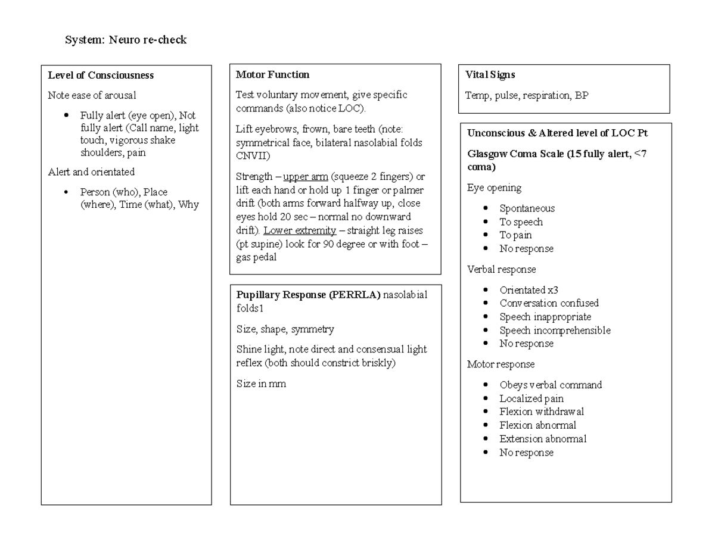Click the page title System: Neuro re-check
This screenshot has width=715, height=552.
(126, 40)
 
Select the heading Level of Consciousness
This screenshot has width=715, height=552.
(101, 75)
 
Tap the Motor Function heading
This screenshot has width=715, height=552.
(272, 74)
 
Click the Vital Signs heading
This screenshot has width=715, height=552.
(490, 74)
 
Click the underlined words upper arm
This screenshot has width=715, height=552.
(305, 177)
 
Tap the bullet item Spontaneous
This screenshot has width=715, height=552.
(527, 208)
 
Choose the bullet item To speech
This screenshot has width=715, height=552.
(521, 222)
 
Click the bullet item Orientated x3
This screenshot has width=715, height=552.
(529, 290)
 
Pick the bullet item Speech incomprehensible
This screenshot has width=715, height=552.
(555, 330)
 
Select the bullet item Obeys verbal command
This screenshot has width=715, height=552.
(551, 385)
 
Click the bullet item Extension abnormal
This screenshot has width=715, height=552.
(543, 439)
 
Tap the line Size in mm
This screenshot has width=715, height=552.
(261, 384)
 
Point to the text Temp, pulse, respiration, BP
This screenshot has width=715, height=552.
(527, 95)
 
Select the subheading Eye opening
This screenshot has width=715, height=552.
(494, 188)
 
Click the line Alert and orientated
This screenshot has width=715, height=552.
(91, 172)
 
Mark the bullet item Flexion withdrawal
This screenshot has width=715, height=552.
(542, 411)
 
